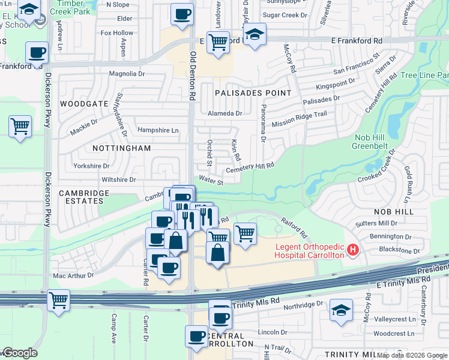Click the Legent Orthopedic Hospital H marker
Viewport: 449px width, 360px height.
point(353,250)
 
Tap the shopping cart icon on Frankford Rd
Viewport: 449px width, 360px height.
point(217,42)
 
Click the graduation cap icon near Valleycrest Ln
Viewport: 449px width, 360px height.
point(341,311)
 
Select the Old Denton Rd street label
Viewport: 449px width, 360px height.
point(193,76)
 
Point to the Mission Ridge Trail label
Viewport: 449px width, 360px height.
point(299,119)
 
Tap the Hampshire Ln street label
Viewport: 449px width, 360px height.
point(158,130)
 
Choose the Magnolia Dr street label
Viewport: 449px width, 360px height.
point(127,74)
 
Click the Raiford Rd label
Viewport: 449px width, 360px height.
point(294,227)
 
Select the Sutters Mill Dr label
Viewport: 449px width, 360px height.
point(376,223)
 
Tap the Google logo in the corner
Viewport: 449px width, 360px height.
point(19,353)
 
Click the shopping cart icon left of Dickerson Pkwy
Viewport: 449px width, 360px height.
point(20,127)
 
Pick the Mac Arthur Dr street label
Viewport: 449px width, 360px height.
point(73,276)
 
